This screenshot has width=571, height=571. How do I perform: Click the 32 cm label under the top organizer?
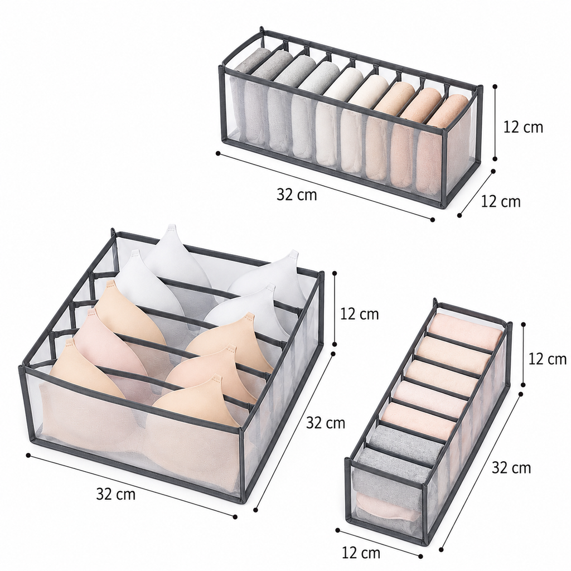click(297, 195)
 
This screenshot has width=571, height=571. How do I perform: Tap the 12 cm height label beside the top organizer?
click(523, 127)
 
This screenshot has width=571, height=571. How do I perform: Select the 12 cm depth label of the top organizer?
click(501, 201)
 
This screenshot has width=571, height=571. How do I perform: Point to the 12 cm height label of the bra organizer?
click(360, 313)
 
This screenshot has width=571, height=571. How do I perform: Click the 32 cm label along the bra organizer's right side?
click(326, 423)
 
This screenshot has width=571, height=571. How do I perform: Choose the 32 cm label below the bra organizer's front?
click(116, 494)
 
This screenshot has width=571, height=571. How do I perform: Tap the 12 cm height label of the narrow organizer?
click(548, 359)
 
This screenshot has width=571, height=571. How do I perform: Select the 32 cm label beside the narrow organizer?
click(511, 468)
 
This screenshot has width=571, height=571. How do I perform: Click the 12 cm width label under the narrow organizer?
click(361, 553)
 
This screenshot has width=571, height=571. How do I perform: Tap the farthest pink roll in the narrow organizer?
click(464, 330)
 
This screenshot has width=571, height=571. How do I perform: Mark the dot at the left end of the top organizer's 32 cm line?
click(218, 153)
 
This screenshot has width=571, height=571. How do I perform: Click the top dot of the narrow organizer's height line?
click(524, 323)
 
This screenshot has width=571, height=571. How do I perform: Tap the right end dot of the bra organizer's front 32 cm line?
click(235, 517)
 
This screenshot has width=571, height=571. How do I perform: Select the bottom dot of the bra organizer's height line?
click(335, 343)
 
